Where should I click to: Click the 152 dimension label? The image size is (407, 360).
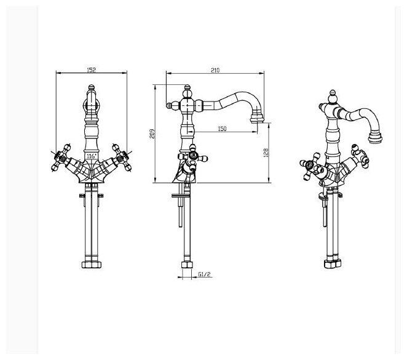[x=92, y=70]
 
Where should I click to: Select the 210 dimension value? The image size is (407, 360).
[x=215, y=70]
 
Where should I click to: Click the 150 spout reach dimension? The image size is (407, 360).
[x=222, y=127]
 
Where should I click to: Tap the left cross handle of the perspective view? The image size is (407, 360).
[x=307, y=167]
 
